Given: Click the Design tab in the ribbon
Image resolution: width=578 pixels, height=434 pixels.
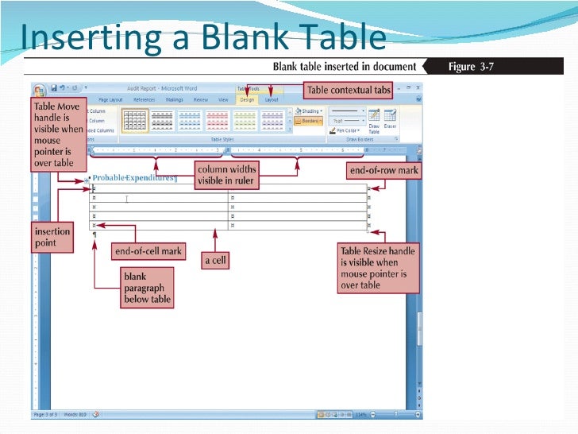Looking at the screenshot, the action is click(247, 100).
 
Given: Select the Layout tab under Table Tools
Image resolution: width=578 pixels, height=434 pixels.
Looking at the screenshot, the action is click(272, 100).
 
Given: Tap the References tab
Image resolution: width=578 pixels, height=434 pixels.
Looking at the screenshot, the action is click(144, 100).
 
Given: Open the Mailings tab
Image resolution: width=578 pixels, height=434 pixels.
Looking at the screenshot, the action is click(174, 100).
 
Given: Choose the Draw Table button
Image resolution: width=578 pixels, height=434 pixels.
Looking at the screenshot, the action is click(374, 122).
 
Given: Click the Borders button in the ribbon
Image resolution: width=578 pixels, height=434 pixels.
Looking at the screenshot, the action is click(307, 121).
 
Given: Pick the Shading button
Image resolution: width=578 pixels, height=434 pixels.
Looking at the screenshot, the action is click(308, 111).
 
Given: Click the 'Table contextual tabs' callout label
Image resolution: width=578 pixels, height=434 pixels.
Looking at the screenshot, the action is click(349, 90).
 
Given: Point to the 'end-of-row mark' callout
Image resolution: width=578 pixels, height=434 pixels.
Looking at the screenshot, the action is click(383, 170).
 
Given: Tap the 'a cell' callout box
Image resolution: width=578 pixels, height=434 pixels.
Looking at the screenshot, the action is click(214, 260).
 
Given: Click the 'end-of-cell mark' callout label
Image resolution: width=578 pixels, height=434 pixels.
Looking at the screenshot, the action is click(148, 251).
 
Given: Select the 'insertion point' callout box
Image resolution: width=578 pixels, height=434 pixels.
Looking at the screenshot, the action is click(52, 237).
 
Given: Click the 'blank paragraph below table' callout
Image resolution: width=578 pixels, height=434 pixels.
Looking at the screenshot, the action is click(146, 288).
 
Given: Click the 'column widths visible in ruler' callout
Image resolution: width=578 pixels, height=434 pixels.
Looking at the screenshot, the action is click(226, 174).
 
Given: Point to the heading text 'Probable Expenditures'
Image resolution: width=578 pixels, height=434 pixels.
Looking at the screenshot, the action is click(134, 178).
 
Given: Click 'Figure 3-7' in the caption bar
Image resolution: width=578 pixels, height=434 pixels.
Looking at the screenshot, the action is click(471, 66).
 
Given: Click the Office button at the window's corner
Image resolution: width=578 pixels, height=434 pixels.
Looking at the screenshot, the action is click(39, 90).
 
